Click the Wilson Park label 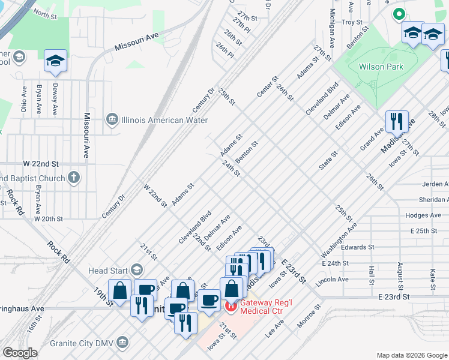click(x=381, y=67)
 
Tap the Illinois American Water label click(x=152, y=120)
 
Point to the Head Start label click(x=109, y=271)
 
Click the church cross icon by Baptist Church click(x=73, y=178)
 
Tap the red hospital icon click(x=230, y=307)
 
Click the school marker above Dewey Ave click(x=55, y=61)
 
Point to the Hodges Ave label click(x=423, y=215)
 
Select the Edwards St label click(x=357, y=247)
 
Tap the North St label click(x=45, y=13)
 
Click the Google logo click(x=20, y=353)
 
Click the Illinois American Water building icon click(x=112, y=120)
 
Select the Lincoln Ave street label click(x=334, y=280)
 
